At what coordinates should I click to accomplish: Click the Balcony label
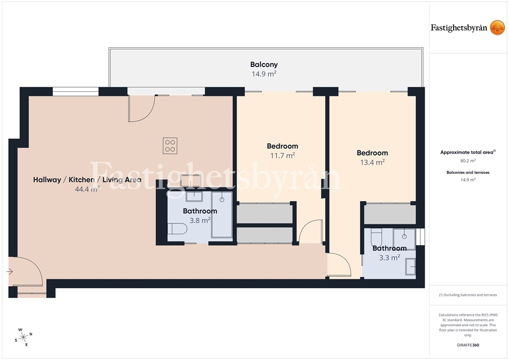[x=264, y=65]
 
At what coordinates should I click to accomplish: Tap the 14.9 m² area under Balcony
[x=264, y=74]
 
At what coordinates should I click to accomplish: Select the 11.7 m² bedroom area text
[x=282, y=156]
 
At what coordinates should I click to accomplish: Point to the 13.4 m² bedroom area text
[x=373, y=162]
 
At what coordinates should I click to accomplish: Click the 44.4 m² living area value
[x=87, y=189]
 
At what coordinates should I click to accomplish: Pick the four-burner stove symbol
[x=170, y=146]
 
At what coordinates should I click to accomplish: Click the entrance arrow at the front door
[x=10, y=271]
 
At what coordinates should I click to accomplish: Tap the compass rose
[x=24, y=337]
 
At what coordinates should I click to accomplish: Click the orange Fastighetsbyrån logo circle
[x=497, y=28]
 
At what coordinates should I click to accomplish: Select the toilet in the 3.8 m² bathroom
[x=177, y=229]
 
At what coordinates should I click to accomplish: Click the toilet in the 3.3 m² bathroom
[x=376, y=237]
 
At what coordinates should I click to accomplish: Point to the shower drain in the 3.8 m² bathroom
[x=222, y=199]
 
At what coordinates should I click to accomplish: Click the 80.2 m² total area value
[x=468, y=161]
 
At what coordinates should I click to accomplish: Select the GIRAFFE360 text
[x=468, y=345]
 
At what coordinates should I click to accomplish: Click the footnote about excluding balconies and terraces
[x=468, y=295]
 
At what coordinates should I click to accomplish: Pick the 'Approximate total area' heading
[x=467, y=152]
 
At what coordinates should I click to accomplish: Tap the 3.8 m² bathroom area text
[x=200, y=221]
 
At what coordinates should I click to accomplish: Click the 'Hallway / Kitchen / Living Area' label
[x=87, y=179]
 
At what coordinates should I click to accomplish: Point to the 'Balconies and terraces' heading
[x=468, y=172]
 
